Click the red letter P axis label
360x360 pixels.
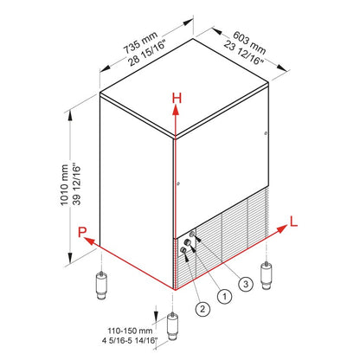(x=80, y=231)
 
